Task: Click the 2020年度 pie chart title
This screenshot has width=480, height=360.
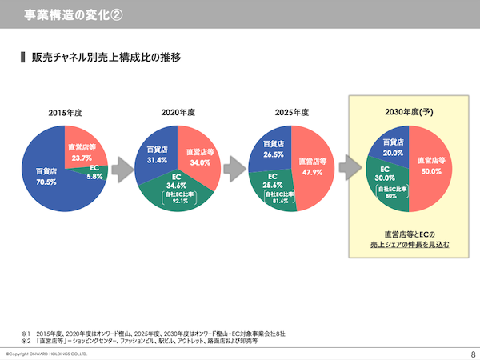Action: (177, 112)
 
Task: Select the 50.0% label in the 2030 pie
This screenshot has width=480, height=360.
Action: (430, 170)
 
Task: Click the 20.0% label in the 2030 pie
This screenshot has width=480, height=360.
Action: (392, 152)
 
